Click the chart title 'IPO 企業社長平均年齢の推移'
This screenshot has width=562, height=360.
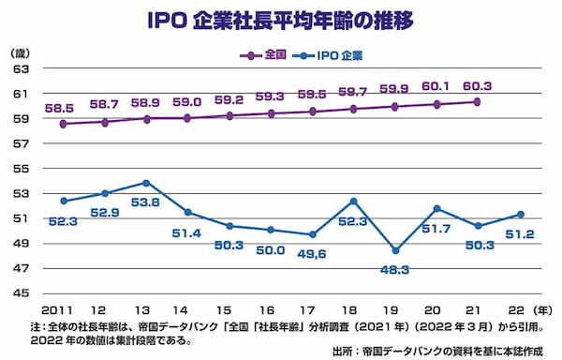click(x=281, y=18)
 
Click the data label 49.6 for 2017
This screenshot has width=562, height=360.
click(x=312, y=252)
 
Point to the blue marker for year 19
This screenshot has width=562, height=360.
click(x=395, y=250)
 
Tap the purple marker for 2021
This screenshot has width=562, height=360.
click(x=478, y=101)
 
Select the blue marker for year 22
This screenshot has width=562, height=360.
click(x=520, y=215)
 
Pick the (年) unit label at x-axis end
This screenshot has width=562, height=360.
click(x=543, y=308)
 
